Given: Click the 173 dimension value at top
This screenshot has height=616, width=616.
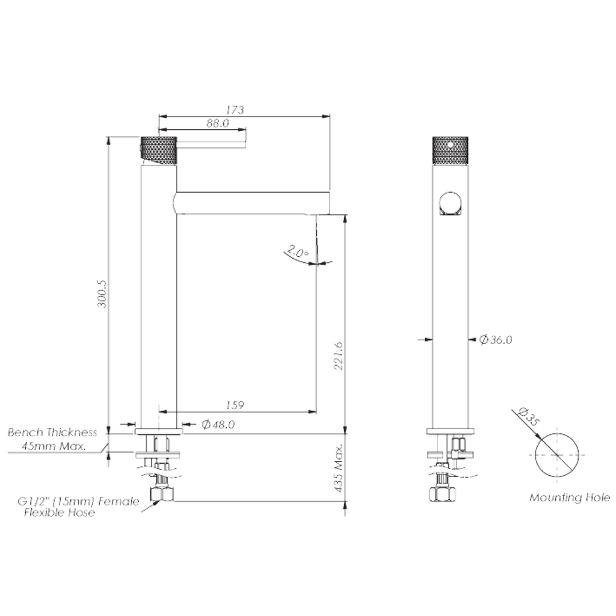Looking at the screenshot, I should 235,109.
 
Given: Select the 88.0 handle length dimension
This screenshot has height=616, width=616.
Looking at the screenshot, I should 218,123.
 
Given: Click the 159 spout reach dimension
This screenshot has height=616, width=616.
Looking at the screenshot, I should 236,405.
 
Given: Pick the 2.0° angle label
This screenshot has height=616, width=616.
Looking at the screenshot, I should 297,251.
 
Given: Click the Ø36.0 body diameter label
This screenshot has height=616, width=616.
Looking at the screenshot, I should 496,340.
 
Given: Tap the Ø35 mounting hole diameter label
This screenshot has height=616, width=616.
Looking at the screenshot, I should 527,417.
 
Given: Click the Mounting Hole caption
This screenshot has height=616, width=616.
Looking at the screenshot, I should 569,497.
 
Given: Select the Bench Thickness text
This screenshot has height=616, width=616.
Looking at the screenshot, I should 52,433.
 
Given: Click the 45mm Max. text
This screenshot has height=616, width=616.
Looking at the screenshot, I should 54,446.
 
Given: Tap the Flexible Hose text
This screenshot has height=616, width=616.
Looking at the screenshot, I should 60,513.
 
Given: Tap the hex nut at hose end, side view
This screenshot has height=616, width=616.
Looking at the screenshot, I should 162,494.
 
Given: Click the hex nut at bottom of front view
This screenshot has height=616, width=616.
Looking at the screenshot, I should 442,494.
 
